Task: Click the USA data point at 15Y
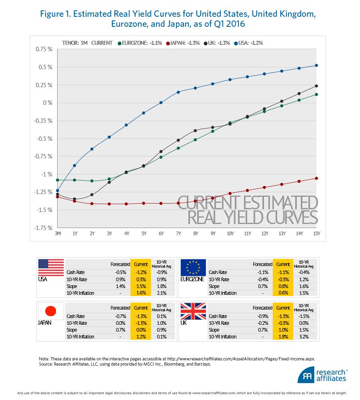pos(316,65)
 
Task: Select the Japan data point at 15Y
pos(316,178)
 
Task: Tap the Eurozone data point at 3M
pos(58,180)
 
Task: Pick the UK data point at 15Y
pos(316,86)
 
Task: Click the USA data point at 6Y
pos(161,103)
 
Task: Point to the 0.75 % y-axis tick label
pos(44,49)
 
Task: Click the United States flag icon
pos(51,267)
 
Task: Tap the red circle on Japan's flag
pos(50,311)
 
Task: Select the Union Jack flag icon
pos(193,311)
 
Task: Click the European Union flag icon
pos(193,267)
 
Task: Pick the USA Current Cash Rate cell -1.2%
pos(140,272)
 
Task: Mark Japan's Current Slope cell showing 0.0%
pos(140,330)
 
